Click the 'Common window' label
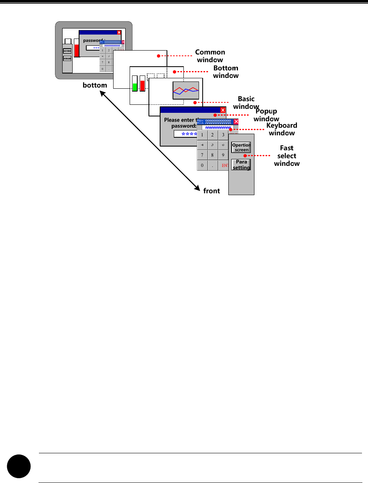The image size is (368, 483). [x=210, y=56]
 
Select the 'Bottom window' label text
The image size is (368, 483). [x=226, y=72]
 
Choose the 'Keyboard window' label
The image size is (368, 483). [x=282, y=129]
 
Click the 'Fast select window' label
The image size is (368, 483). [x=287, y=156]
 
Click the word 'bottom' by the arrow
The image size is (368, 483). [x=95, y=85]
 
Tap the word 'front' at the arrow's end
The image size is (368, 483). [x=211, y=191]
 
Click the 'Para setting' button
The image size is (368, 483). [x=241, y=165]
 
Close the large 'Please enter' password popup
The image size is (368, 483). [x=223, y=110]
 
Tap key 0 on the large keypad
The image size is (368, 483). [x=202, y=165]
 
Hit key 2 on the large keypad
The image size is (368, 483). [x=213, y=135]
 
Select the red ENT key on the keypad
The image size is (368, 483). [x=224, y=165]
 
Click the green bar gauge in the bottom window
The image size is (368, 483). [x=135, y=86]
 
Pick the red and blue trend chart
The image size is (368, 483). [x=186, y=90]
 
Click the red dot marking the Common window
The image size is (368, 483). [x=159, y=56]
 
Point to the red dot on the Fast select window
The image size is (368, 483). [x=244, y=155]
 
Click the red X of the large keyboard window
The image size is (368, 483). [x=236, y=122]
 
